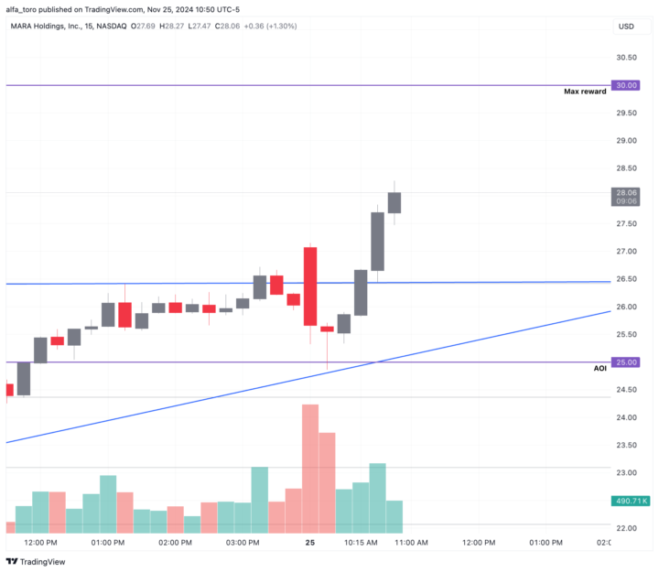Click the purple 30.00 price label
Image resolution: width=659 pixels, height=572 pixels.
pos(626,85)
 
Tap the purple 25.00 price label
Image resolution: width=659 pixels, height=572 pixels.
pos(626,362)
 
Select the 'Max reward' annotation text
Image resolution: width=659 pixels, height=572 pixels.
pos(585,92)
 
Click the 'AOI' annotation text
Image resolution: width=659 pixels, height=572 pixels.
pos(600,368)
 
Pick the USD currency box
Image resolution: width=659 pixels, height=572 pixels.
pos(626,27)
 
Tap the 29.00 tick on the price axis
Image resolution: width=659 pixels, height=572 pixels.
pos(626,140)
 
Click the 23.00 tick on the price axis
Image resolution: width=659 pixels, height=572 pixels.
pos(626,472)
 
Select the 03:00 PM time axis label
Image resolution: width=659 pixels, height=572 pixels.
pos(243,543)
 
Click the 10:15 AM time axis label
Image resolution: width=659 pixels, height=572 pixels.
pos(361,543)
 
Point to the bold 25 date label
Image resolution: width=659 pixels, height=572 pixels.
pos(310,543)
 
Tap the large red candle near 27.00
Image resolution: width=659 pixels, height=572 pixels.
pos(310,285)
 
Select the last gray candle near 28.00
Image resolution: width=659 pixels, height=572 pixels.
pos(394,202)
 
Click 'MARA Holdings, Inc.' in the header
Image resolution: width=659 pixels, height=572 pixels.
pos(51,27)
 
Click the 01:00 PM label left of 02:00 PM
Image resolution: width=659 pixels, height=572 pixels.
pos(108,543)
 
